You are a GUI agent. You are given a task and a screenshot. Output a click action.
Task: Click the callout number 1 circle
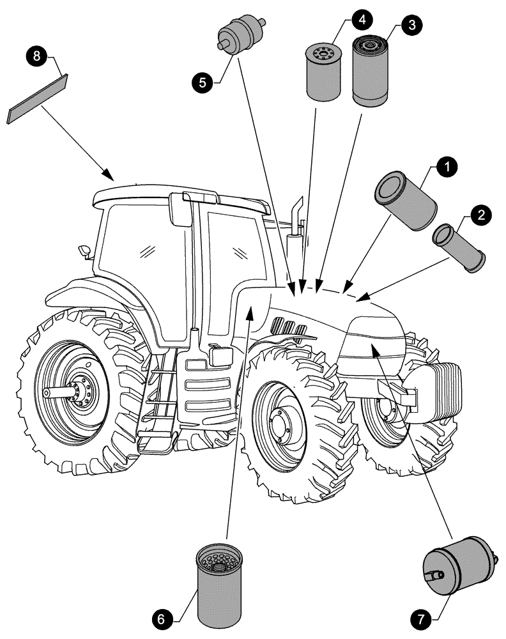point(447,167)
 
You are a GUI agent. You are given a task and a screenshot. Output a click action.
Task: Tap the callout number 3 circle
point(411,26)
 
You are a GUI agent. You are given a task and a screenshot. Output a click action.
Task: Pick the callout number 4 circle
point(361,19)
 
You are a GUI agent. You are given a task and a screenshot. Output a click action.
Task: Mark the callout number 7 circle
point(421,619)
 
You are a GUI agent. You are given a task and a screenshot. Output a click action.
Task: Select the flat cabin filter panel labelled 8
point(37,99)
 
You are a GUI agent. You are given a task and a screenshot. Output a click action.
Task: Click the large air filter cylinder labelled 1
point(404,201)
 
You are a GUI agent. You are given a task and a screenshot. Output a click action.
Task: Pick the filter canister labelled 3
point(369,70)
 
